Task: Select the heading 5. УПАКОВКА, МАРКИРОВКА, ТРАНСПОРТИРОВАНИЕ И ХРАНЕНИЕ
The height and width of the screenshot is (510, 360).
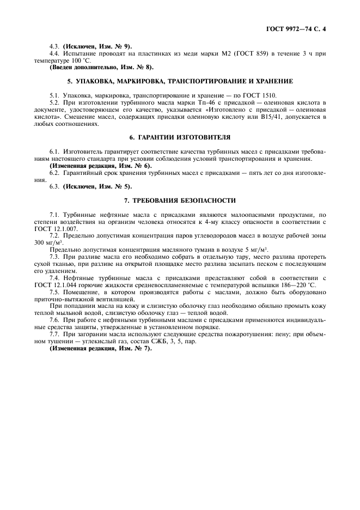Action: point(180,81)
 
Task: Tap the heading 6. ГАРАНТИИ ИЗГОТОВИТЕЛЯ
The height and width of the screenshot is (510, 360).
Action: point(180,137)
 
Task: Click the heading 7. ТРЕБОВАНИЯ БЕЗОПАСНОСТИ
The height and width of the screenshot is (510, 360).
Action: point(180,200)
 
